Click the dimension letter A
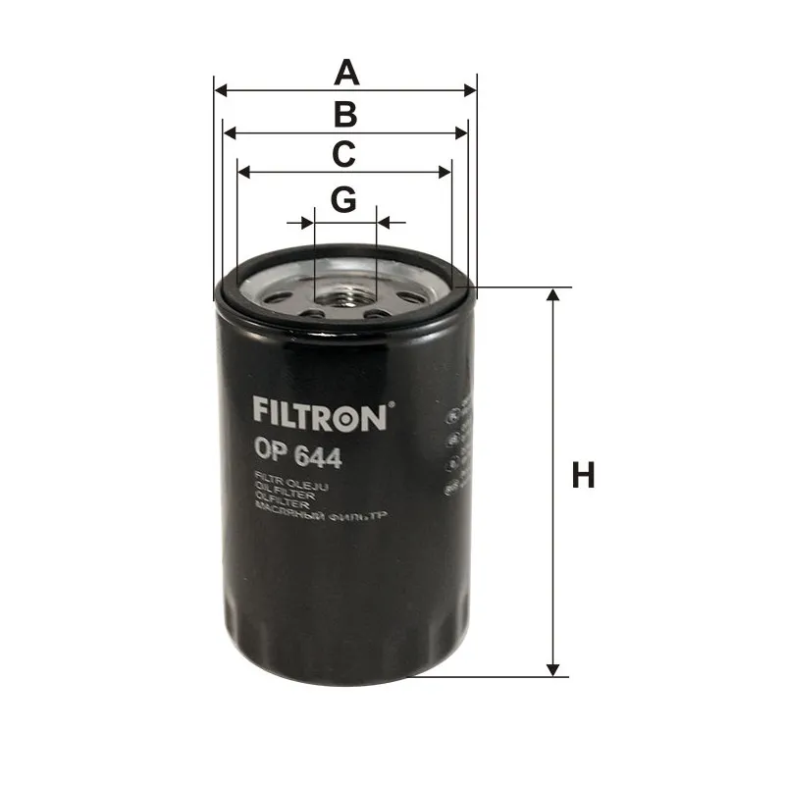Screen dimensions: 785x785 344,73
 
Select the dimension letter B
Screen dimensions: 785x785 344,115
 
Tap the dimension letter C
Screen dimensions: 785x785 342,154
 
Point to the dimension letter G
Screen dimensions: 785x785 342,199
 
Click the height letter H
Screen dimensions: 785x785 584,477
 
